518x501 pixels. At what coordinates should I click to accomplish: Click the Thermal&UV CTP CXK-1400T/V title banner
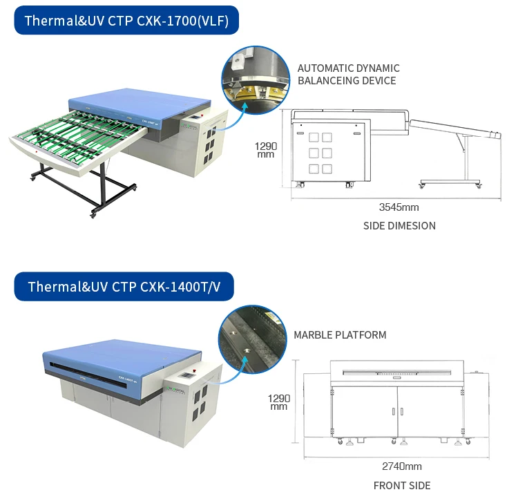click(124, 286)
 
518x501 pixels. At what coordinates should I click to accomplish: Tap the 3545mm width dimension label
click(399, 207)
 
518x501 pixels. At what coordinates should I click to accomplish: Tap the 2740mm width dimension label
click(402, 466)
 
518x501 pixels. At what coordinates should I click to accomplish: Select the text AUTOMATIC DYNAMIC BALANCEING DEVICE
click(348, 75)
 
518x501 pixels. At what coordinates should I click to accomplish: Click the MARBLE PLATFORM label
click(340, 335)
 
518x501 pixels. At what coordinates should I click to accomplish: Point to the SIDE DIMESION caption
click(399, 225)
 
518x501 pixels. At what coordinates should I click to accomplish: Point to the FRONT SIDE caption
click(401, 485)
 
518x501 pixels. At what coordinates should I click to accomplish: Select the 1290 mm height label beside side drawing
click(265, 150)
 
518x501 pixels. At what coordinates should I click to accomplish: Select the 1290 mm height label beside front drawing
click(278, 402)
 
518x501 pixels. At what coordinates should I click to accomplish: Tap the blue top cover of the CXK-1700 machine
click(145, 104)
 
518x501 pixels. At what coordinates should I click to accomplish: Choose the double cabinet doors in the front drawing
click(397, 411)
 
